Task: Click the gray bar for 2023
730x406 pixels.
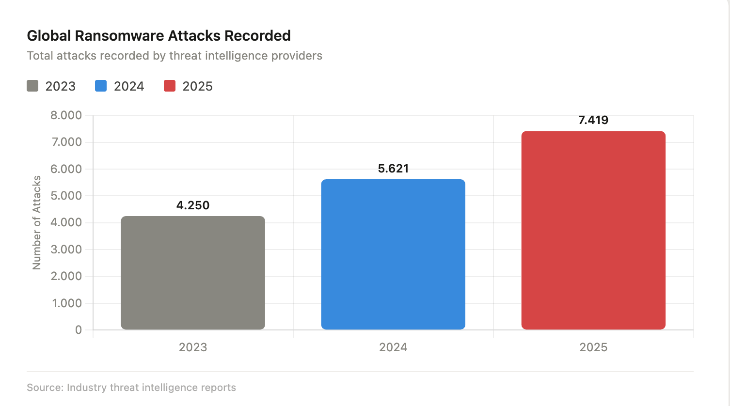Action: click(x=193, y=273)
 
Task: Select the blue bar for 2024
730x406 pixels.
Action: click(x=393, y=254)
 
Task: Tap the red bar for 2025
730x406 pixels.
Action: click(x=593, y=230)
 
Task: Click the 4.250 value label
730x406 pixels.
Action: click(x=193, y=205)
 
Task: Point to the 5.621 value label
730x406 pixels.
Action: click(x=393, y=169)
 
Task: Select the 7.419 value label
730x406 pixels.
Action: click(x=593, y=120)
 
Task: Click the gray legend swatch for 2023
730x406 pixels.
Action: click(x=32, y=86)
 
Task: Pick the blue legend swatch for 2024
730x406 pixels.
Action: click(x=101, y=86)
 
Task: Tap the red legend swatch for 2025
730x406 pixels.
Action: click(x=170, y=86)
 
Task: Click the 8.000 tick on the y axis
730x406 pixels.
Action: click(x=66, y=115)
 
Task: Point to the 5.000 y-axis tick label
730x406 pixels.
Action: click(x=66, y=196)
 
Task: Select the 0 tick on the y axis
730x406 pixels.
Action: click(x=79, y=330)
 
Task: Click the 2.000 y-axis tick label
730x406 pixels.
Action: click(x=66, y=276)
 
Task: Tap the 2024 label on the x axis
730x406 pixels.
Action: click(x=393, y=347)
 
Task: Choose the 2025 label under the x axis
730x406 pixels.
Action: click(x=593, y=347)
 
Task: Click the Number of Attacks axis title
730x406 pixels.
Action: click(x=37, y=223)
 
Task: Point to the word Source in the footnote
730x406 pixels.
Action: click(x=44, y=388)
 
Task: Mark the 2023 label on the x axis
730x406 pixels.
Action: click(x=193, y=347)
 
